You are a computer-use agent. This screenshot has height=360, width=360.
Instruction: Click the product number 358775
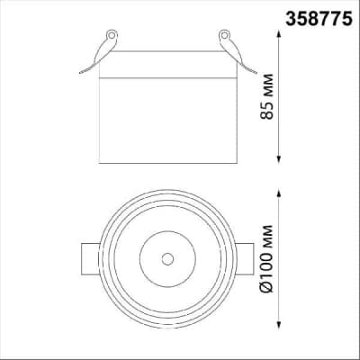click(319, 19)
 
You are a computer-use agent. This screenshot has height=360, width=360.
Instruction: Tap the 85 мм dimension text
click(266, 96)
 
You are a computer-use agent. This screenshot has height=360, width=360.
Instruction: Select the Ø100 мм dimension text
click(266, 258)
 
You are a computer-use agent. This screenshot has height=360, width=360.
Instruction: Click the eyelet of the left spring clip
click(112, 35)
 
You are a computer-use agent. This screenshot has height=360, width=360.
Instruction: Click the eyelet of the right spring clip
click(224, 35)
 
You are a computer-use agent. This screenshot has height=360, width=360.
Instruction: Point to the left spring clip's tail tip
click(80, 73)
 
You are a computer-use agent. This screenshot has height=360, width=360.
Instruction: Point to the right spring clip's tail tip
click(256, 73)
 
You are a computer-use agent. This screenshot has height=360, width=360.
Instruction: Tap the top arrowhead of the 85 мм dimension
click(279, 33)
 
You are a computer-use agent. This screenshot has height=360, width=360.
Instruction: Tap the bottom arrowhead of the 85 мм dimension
click(279, 160)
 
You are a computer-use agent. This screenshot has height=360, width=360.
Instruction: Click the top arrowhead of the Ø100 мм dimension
click(279, 193)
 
